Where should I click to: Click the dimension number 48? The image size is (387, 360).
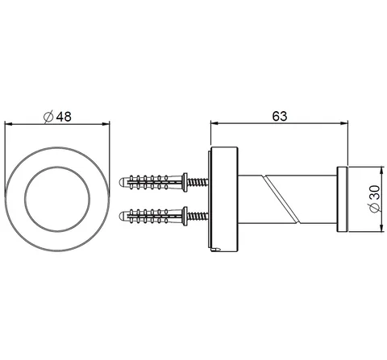pos(64,117)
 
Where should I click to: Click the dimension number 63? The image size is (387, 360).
pos(280,116)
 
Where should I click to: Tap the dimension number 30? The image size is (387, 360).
pos(375,192)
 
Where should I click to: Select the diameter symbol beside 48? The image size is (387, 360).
pos(48,117)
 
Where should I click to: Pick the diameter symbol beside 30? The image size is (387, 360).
pos(375,208)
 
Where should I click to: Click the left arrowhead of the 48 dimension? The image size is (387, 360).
pos(9,124)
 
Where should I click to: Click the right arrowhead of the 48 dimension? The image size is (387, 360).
pos(106,124)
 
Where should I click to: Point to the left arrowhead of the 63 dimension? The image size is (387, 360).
pos(214,123)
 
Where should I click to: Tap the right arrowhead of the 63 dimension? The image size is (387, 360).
pos(344,123)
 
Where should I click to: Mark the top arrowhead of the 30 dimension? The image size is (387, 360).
pos(381,171)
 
